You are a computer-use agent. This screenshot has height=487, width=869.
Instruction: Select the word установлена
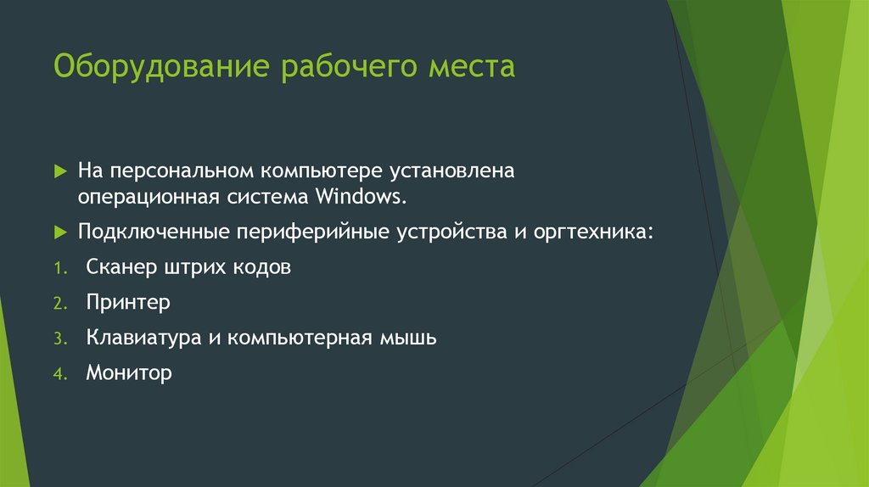pos(451,171)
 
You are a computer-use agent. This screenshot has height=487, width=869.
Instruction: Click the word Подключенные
pos(153,232)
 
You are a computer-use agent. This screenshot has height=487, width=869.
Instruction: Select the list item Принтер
pos(128,302)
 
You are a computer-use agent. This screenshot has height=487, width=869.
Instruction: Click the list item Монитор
pos(128,372)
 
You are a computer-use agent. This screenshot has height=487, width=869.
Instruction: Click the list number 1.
pos(59,268)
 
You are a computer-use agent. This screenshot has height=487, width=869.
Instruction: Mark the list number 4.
pos(59,373)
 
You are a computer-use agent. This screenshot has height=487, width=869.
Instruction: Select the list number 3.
pos(59,339)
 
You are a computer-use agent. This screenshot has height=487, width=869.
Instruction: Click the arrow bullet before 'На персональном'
pos(60,171)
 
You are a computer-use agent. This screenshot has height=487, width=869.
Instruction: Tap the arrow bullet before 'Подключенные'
pos(60,232)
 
